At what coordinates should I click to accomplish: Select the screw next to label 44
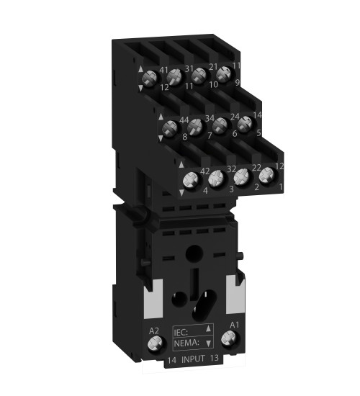(x=171, y=129)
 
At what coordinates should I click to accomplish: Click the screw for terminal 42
(x=192, y=180)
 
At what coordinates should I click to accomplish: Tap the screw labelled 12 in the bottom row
(x=267, y=174)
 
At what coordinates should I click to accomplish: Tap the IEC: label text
(x=184, y=331)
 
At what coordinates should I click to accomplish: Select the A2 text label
(x=154, y=332)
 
